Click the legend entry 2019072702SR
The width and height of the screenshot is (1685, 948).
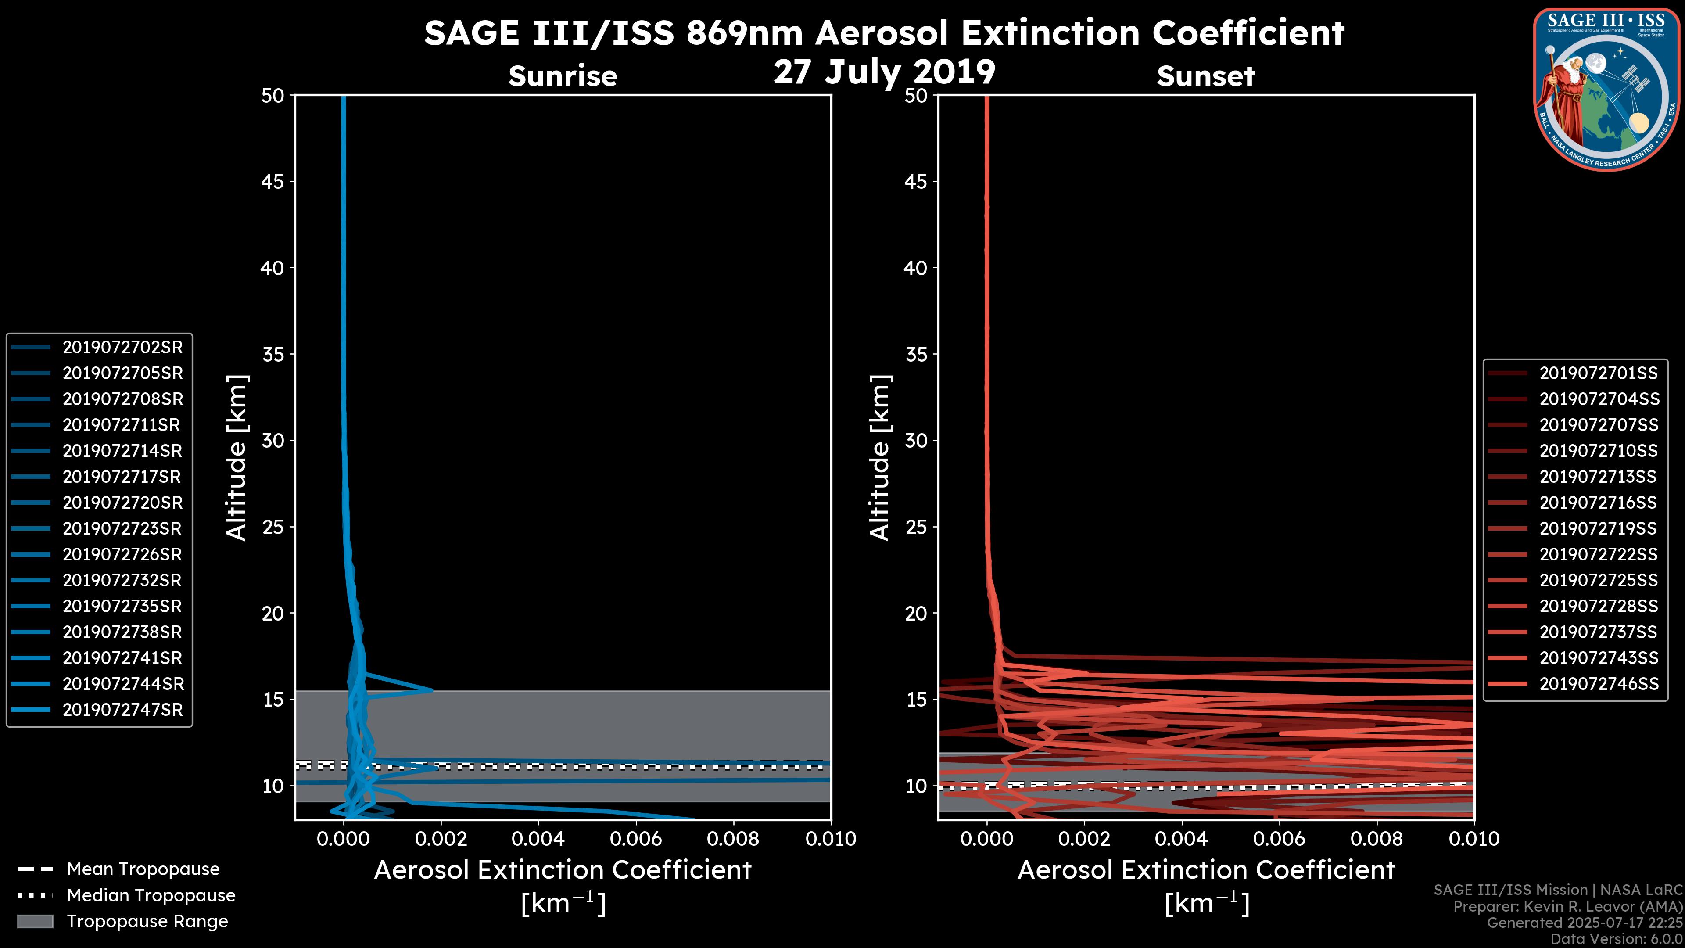[122, 348]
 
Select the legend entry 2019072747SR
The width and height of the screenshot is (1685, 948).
[122, 710]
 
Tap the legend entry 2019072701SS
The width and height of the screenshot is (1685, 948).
[1598, 373]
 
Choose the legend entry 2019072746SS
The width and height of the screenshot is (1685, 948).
[1599, 684]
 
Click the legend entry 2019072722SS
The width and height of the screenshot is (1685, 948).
[1598, 555]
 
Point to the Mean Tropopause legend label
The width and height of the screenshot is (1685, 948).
[143, 869]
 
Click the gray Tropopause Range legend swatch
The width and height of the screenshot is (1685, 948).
[35, 922]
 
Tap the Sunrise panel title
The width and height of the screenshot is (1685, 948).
[563, 76]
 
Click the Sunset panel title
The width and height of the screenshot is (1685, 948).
[1205, 76]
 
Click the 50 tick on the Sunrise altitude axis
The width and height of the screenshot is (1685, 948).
[273, 96]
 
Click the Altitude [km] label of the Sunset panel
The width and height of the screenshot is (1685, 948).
[880, 458]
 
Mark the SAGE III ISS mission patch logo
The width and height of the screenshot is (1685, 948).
[1606, 90]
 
